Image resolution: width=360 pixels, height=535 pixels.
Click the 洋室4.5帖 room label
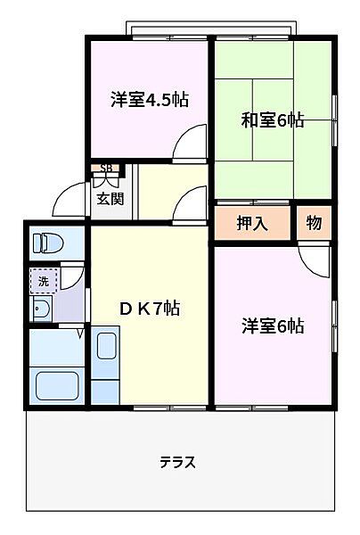pyautogui.click(x=149, y=98)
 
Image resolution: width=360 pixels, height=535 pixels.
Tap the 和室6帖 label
pyautogui.click(x=273, y=119)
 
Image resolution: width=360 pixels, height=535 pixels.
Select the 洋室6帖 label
pyautogui.click(x=273, y=325)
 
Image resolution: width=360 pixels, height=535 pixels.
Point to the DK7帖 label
pyautogui.click(x=151, y=309)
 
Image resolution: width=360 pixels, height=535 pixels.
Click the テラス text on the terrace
pyautogui.click(x=177, y=463)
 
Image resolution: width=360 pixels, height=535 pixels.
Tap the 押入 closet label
pyautogui.click(x=252, y=223)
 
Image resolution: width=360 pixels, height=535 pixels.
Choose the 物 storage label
pyautogui.click(x=315, y=222)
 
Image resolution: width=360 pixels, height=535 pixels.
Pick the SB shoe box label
pyautogui.click(x=106, y=168)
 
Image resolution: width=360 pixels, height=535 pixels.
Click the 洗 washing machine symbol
pyautogui.click(x=43, y=281)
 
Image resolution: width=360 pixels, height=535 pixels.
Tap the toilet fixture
pyautogui.click(x=45, y=242)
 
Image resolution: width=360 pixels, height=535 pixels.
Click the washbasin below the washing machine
pyautogui.click(x=41, y=309)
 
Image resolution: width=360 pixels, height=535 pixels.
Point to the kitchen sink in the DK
pyautogui.click(x=107, y=344)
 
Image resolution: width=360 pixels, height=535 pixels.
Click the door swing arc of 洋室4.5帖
pyautogui.click(x=191, y=141)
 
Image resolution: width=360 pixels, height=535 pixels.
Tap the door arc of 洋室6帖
pyautogui.click(x=315, y=259)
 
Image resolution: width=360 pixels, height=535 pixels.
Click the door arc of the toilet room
pyautogui.click(x=74, y=275)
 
